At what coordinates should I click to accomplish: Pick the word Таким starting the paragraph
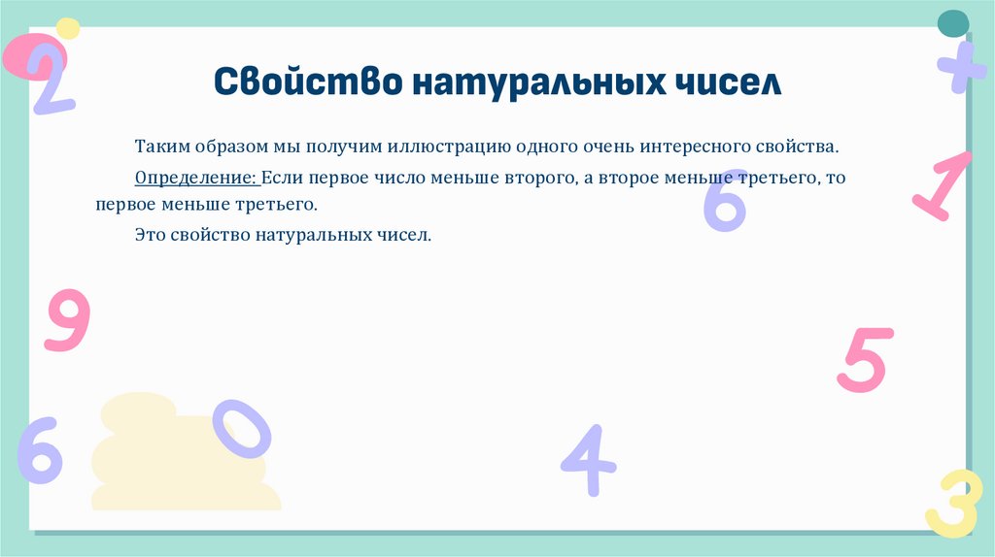(159, 147)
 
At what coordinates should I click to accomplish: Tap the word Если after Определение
(283, 180)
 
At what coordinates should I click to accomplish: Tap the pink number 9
(67, 320)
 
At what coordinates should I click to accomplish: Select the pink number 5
(863, 359)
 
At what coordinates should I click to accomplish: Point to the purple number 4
(588, 462)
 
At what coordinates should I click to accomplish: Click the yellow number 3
(951, 504)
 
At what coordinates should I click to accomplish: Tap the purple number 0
(241, 429)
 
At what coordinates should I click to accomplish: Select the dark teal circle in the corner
(952, 22)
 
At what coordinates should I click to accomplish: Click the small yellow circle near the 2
(67, 27)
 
